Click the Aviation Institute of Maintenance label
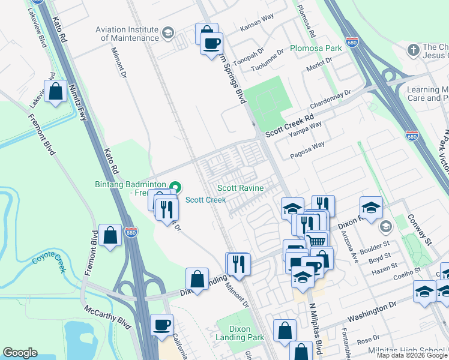[130, 34]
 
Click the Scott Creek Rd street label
[290, 124]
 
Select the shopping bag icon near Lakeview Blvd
[56, 92]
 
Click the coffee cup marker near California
[161, 325]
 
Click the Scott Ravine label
[240, 188]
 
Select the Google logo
[20, 353]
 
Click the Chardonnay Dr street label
[331, 95]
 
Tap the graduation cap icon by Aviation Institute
[169, 32]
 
